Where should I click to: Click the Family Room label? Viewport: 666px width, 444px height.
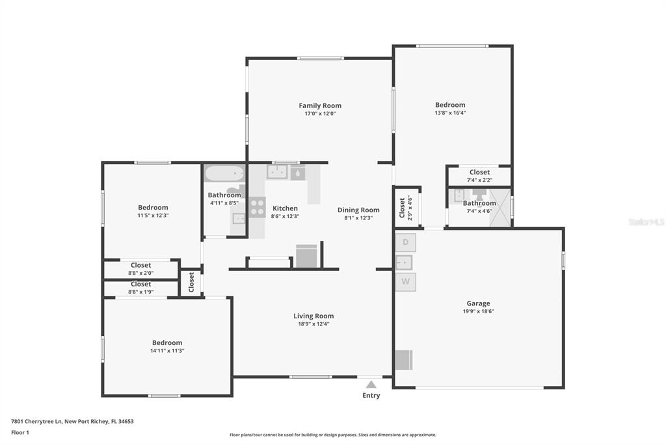[x=320, y=105]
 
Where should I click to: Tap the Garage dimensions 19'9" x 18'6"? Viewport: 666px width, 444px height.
[x=478, y=311]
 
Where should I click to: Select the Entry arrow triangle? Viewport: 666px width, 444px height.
[x=371, y=385]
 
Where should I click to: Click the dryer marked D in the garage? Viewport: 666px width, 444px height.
[x=406, y=242]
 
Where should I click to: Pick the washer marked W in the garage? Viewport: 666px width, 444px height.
[x=406, y=281]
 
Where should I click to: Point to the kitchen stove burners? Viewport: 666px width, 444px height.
[x=258, y=207]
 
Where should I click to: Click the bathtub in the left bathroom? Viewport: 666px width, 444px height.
[x=224, y=174]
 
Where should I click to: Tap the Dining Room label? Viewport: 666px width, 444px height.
[x=358, y=210]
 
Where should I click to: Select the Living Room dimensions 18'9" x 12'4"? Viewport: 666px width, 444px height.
[x=313, y=324]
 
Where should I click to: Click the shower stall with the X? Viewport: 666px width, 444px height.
[x=500, y=208]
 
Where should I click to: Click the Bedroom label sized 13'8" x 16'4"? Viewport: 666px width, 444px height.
[x=450, y=105]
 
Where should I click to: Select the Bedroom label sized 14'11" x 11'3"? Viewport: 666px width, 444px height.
[x=167, y=343]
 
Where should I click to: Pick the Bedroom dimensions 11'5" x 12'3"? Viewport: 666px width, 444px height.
[x=153, y=215]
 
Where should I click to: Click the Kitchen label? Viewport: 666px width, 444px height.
[x=285, y=208]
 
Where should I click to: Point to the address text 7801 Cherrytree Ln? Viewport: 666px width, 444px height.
[x=37, y=421]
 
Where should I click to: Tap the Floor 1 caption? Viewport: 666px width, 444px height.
[x=20, y=432]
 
